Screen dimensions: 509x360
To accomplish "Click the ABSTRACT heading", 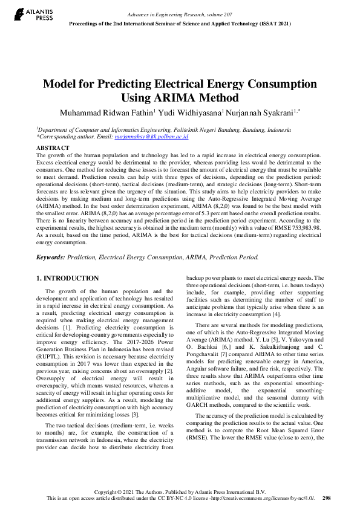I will pos(53,148).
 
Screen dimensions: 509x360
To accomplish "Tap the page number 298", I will pos(326,498).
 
